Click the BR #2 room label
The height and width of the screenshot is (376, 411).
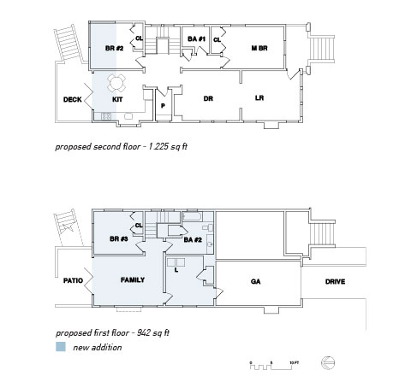[x=114, y=48]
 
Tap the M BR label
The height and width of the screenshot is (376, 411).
[x=259, y=48]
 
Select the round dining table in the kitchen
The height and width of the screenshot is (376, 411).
[x=116, y=83]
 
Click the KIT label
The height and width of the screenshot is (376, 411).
[x=117, y=99]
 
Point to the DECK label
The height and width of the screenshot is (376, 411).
[x=73, y=99]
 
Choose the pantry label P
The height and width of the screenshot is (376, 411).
[x=163, y=106]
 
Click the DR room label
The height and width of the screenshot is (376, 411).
[x=208, y=98]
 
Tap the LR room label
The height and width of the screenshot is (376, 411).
[x=259, y=98]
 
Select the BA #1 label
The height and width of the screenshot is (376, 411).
[x=196, y=38]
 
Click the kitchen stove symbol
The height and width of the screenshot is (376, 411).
[x=106, y=116]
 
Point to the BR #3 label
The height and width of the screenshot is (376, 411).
[x=119, y=238]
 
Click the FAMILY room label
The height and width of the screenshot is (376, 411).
[x=133, y=280]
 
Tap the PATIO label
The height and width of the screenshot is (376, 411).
[x=73, y=280]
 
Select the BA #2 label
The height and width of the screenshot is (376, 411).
[x=193, y=239]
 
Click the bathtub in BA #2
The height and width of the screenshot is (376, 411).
[x=192, y=217]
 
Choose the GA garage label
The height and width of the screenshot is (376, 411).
[x=255, y=281]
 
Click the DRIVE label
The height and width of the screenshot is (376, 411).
[x=335, y=281]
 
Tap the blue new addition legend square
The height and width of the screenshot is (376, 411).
[x=61, y=347]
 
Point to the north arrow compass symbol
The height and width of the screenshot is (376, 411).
[x=328, y=363]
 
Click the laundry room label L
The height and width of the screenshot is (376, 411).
[x=176, y=270]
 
